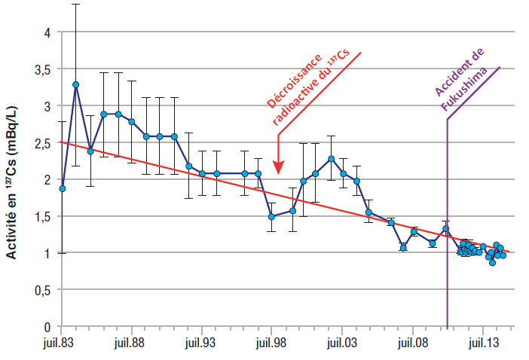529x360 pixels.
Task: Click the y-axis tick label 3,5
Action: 43,69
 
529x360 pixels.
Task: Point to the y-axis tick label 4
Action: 47,32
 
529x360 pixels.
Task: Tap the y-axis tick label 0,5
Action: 43,291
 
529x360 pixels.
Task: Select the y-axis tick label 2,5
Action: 43,143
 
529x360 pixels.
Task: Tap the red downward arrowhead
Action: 278,166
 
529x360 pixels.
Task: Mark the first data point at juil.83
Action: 62,188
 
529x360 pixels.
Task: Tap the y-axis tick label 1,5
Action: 43,217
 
